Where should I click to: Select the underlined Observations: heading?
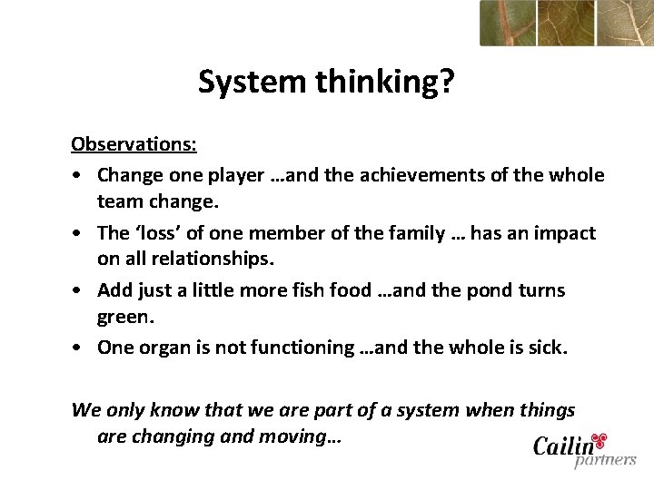coord(134,144)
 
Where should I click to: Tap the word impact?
coord(562,233)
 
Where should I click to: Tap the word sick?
coord(544,348)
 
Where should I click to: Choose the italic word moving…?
coord(300,436)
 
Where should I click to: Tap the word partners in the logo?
coord(604,461)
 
